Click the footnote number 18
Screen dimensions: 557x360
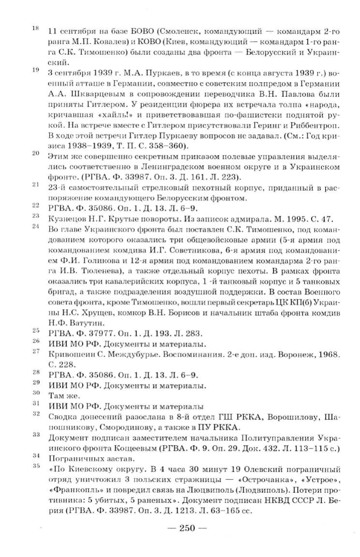pos(35,28)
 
